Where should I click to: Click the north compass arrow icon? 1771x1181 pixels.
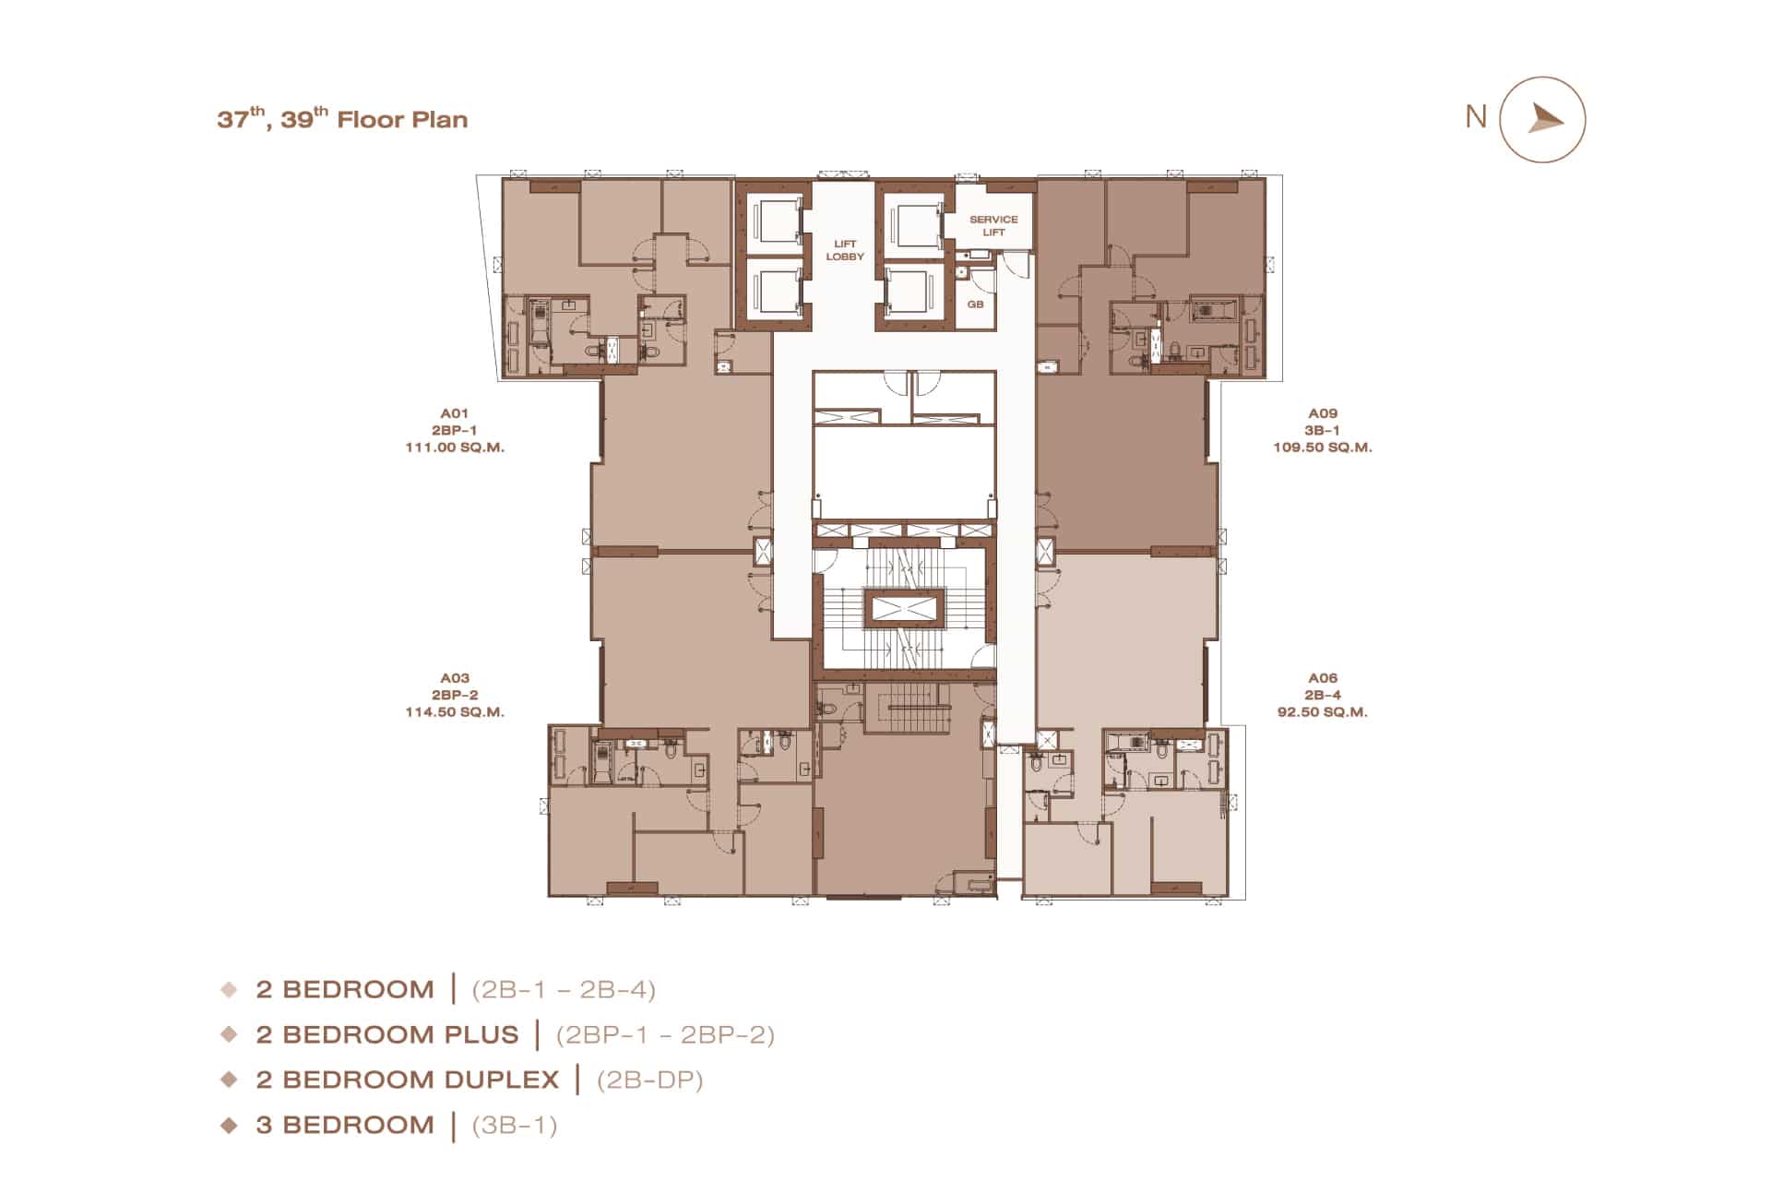coord(1545,119)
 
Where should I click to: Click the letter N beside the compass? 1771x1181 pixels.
coord(1476,116)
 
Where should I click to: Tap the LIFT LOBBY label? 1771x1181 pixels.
coord(845,250)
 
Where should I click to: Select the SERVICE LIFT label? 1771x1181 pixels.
coord(993,226)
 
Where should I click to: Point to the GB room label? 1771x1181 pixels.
coord(975,304)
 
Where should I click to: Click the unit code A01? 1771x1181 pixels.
coord(455,413)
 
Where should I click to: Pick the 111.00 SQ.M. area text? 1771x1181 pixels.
coord(455,447)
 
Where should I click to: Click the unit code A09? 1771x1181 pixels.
coord(1323,413)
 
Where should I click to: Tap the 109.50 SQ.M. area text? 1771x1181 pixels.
coord(1323,447)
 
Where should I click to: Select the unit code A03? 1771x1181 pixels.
coord(455,678)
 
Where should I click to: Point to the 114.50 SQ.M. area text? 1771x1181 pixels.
coord(455,712)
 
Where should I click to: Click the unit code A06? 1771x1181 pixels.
coord(1323,678)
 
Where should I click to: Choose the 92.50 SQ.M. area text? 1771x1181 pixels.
coord(1323,712)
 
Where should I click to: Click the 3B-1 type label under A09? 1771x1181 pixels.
coord(1323,431)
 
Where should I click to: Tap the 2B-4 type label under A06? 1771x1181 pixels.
coord(1323,696)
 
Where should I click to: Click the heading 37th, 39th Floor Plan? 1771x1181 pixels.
coord(342,118)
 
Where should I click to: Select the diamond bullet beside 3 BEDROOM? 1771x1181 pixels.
coord(230,1125)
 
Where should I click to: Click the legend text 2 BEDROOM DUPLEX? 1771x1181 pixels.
coord(408,1080)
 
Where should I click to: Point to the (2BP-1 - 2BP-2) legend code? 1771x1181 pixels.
coord(665,1035)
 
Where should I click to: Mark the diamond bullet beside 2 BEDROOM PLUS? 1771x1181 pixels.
coord(230,1034)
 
